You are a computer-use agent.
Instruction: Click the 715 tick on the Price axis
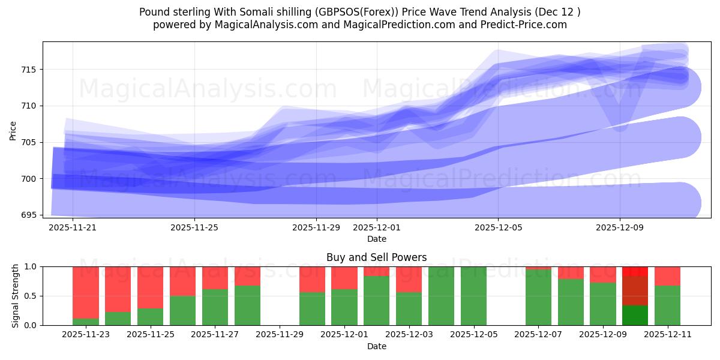[x=28, y=70]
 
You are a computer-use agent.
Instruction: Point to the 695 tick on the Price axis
[x=28, y=215]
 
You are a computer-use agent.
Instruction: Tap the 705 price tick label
[x=28, y=142]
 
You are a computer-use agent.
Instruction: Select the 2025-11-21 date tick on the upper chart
[x=73, y=228]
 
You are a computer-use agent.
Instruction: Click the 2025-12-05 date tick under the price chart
[x=498, y=228]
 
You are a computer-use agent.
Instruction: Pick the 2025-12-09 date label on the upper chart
[x=620, y=228]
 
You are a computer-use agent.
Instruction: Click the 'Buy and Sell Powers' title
[x=376, y=257]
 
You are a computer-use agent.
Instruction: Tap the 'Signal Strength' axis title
[x=16, y=296]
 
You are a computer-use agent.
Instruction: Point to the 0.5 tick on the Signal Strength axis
[x=30, y=296]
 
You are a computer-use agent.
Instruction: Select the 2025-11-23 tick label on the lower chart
[x=86, y=335]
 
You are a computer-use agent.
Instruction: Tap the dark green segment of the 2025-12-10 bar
[x=635, y=316]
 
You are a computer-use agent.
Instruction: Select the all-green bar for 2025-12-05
[x=473, y=296]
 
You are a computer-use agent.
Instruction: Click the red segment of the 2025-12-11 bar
[x=667, y=275]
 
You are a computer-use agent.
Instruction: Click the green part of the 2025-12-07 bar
[x=538, y=298]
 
